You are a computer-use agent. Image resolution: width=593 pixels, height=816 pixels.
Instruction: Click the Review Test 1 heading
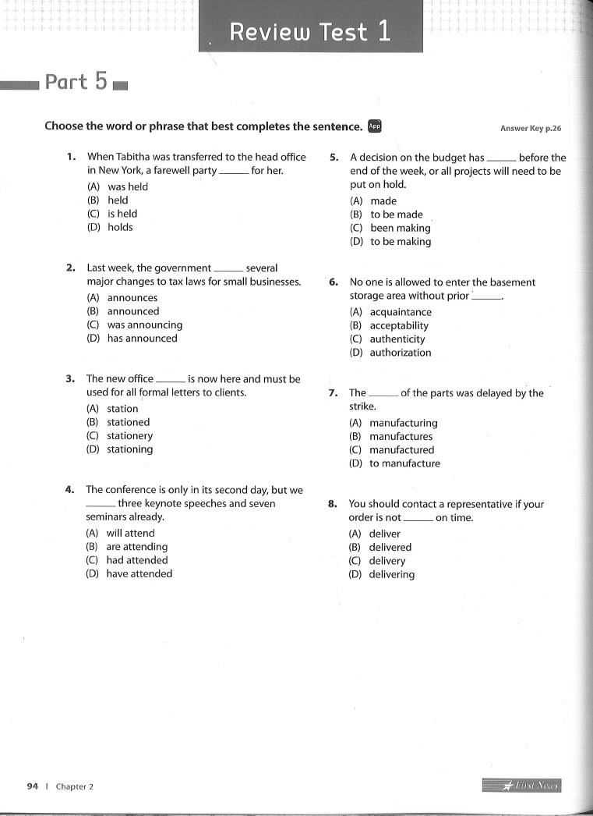310,32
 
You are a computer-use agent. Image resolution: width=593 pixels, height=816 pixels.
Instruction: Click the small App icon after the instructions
375,126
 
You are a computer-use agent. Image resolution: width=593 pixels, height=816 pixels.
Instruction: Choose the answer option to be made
396,215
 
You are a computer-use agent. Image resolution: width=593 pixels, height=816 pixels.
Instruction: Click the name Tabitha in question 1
136,157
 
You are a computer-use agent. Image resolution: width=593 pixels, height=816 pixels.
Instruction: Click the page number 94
32,786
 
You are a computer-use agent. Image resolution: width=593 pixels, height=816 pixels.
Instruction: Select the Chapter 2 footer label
74,786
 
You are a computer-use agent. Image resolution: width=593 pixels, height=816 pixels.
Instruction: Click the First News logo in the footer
521,786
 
